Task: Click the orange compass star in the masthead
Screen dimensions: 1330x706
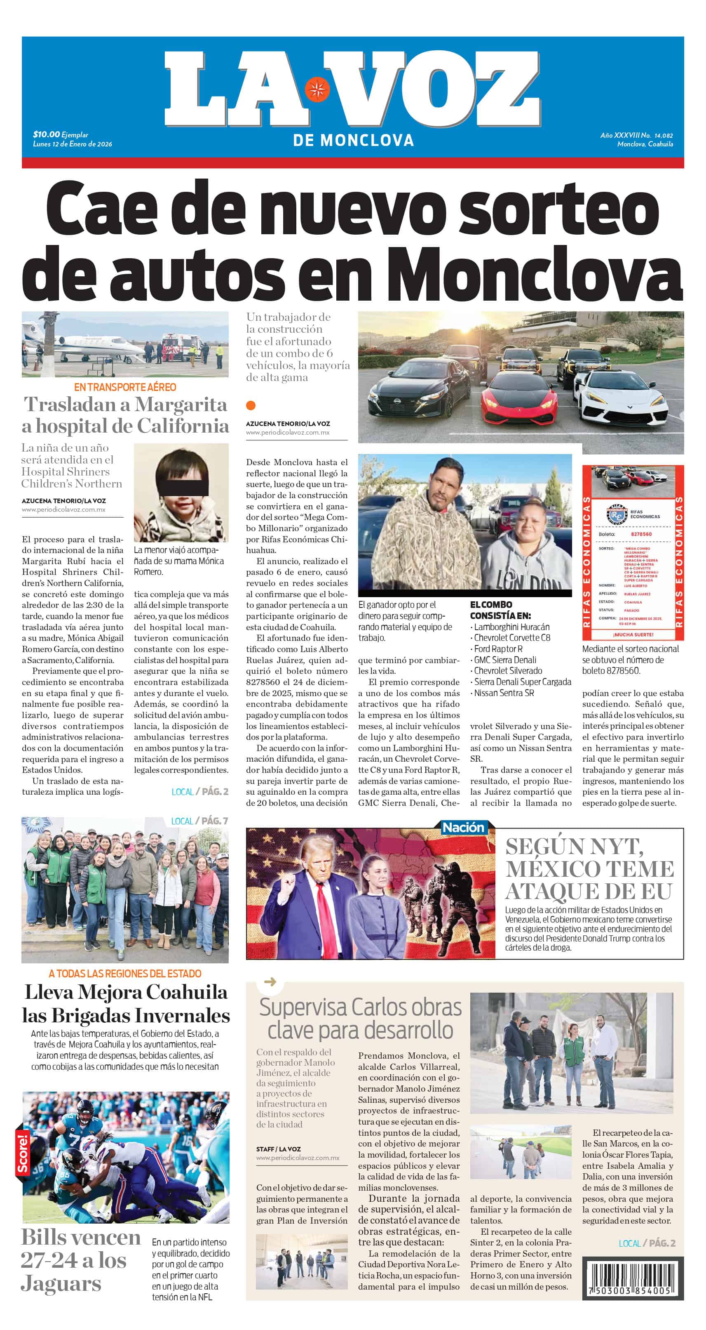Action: click(317, 89)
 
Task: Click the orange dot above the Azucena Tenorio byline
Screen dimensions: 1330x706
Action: click(251, 405)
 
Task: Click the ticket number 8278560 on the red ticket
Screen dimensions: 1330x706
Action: click(641, 534)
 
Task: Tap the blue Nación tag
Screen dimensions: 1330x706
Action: click(463, 827)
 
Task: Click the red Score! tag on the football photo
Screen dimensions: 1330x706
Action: click(23, 1153)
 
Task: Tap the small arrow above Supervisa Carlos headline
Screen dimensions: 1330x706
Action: click(270, 982)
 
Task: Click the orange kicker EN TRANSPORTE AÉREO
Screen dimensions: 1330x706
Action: click(125, 387)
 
